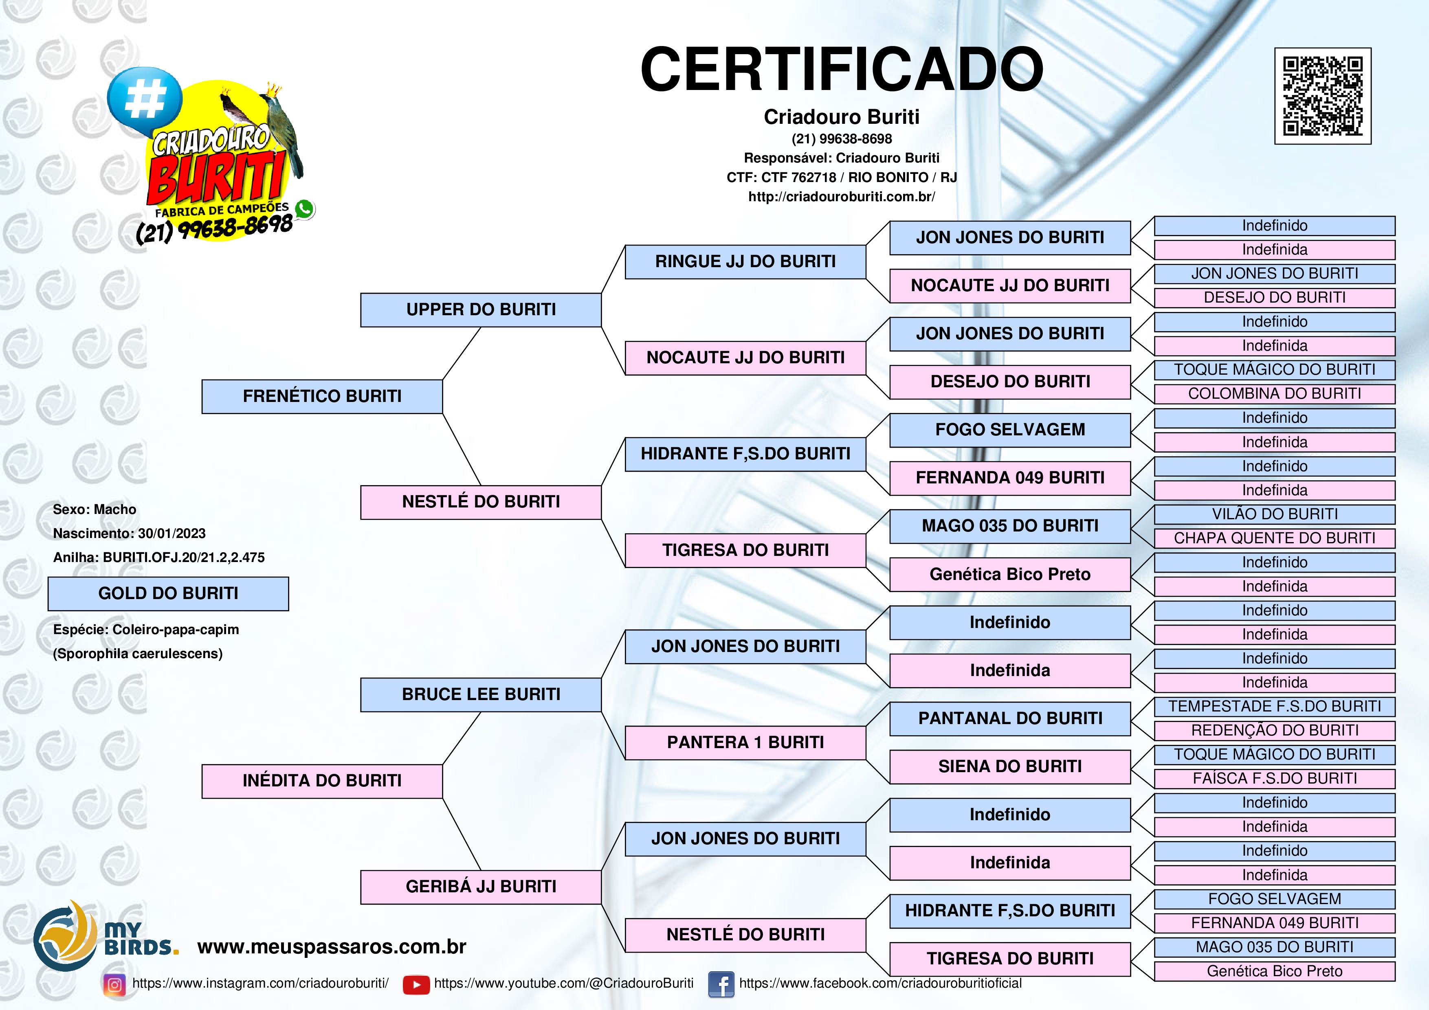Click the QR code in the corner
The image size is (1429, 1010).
tap(1323, 96)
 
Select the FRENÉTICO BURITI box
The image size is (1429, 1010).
tap(322, 396)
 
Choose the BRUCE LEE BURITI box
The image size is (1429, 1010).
tap(481, 694)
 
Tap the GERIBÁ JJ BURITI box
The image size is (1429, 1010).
tap(481, 887)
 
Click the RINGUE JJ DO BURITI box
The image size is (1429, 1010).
tap(745, 262)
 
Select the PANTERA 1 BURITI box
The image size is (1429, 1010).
tap(745, 742)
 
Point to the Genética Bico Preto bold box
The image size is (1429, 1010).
tap(1009, 574)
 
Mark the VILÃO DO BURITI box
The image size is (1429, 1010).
tap(1275, 514)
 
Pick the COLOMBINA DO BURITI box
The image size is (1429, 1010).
tap(1275, 394)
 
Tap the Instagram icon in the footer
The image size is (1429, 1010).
tap(114, 984)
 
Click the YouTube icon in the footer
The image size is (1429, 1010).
tap(416, 984)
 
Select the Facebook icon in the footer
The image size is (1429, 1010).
tap(721, 984)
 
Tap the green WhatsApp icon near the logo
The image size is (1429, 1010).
tap(304, 209)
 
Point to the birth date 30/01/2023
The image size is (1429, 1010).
tap(172, 534)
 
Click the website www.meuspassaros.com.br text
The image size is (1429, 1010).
tap(332, 946)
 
